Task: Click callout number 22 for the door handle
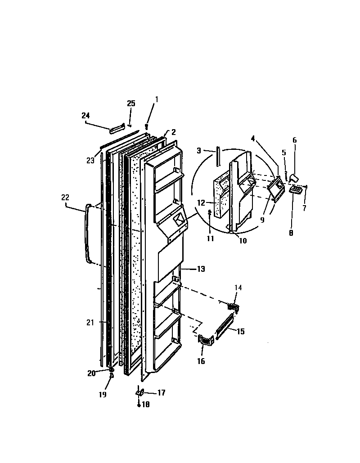tap(66, 197)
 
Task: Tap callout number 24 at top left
tap(85, 116)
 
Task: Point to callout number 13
tap(201, 269)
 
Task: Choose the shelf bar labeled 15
tap(225, 328)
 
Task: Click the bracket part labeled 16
tap(205, 340)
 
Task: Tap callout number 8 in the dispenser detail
tap(291, 233)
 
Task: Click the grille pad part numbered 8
tap(295, 191)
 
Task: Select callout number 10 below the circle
tap(243, 241)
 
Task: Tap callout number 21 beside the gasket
tap(90, 322)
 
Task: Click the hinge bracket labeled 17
tap(140, 392)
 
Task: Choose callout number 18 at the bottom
tap(145, 405)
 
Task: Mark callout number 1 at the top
tap(156, 99)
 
